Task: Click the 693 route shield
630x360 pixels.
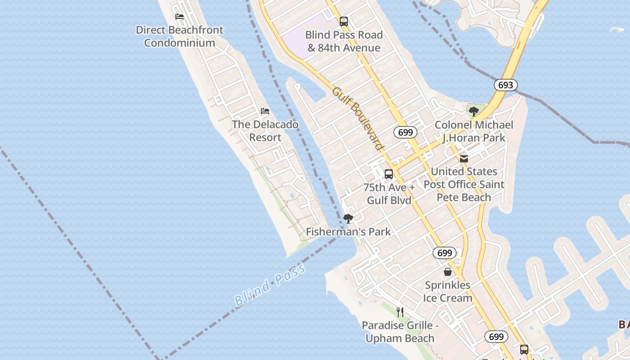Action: (505, 85)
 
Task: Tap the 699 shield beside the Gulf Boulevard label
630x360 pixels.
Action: (405, 132)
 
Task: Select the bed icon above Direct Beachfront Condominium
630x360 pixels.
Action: (180, 17)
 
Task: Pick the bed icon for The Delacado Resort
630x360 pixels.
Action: (265, 111)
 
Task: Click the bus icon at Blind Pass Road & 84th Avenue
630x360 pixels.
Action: (344, 22)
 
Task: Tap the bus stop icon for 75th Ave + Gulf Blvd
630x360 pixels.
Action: (389, 174)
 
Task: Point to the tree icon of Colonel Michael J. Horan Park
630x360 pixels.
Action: (473, 112)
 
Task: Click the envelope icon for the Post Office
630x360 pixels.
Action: (464, 158)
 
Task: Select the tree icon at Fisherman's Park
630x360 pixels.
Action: (348, 219)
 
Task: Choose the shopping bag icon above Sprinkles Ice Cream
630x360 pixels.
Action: (448, 272)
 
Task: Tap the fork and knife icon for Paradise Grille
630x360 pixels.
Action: (400, 312)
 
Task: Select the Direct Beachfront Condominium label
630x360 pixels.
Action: (180, 36)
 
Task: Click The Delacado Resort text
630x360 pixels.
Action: (265, 131)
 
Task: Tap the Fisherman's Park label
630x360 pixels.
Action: (348, 232)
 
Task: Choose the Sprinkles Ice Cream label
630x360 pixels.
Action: (448, 292)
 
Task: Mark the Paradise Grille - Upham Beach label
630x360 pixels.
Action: (400, 332)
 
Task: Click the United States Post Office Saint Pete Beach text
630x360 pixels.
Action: (464, 184)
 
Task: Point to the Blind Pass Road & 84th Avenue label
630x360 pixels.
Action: (344, 41)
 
